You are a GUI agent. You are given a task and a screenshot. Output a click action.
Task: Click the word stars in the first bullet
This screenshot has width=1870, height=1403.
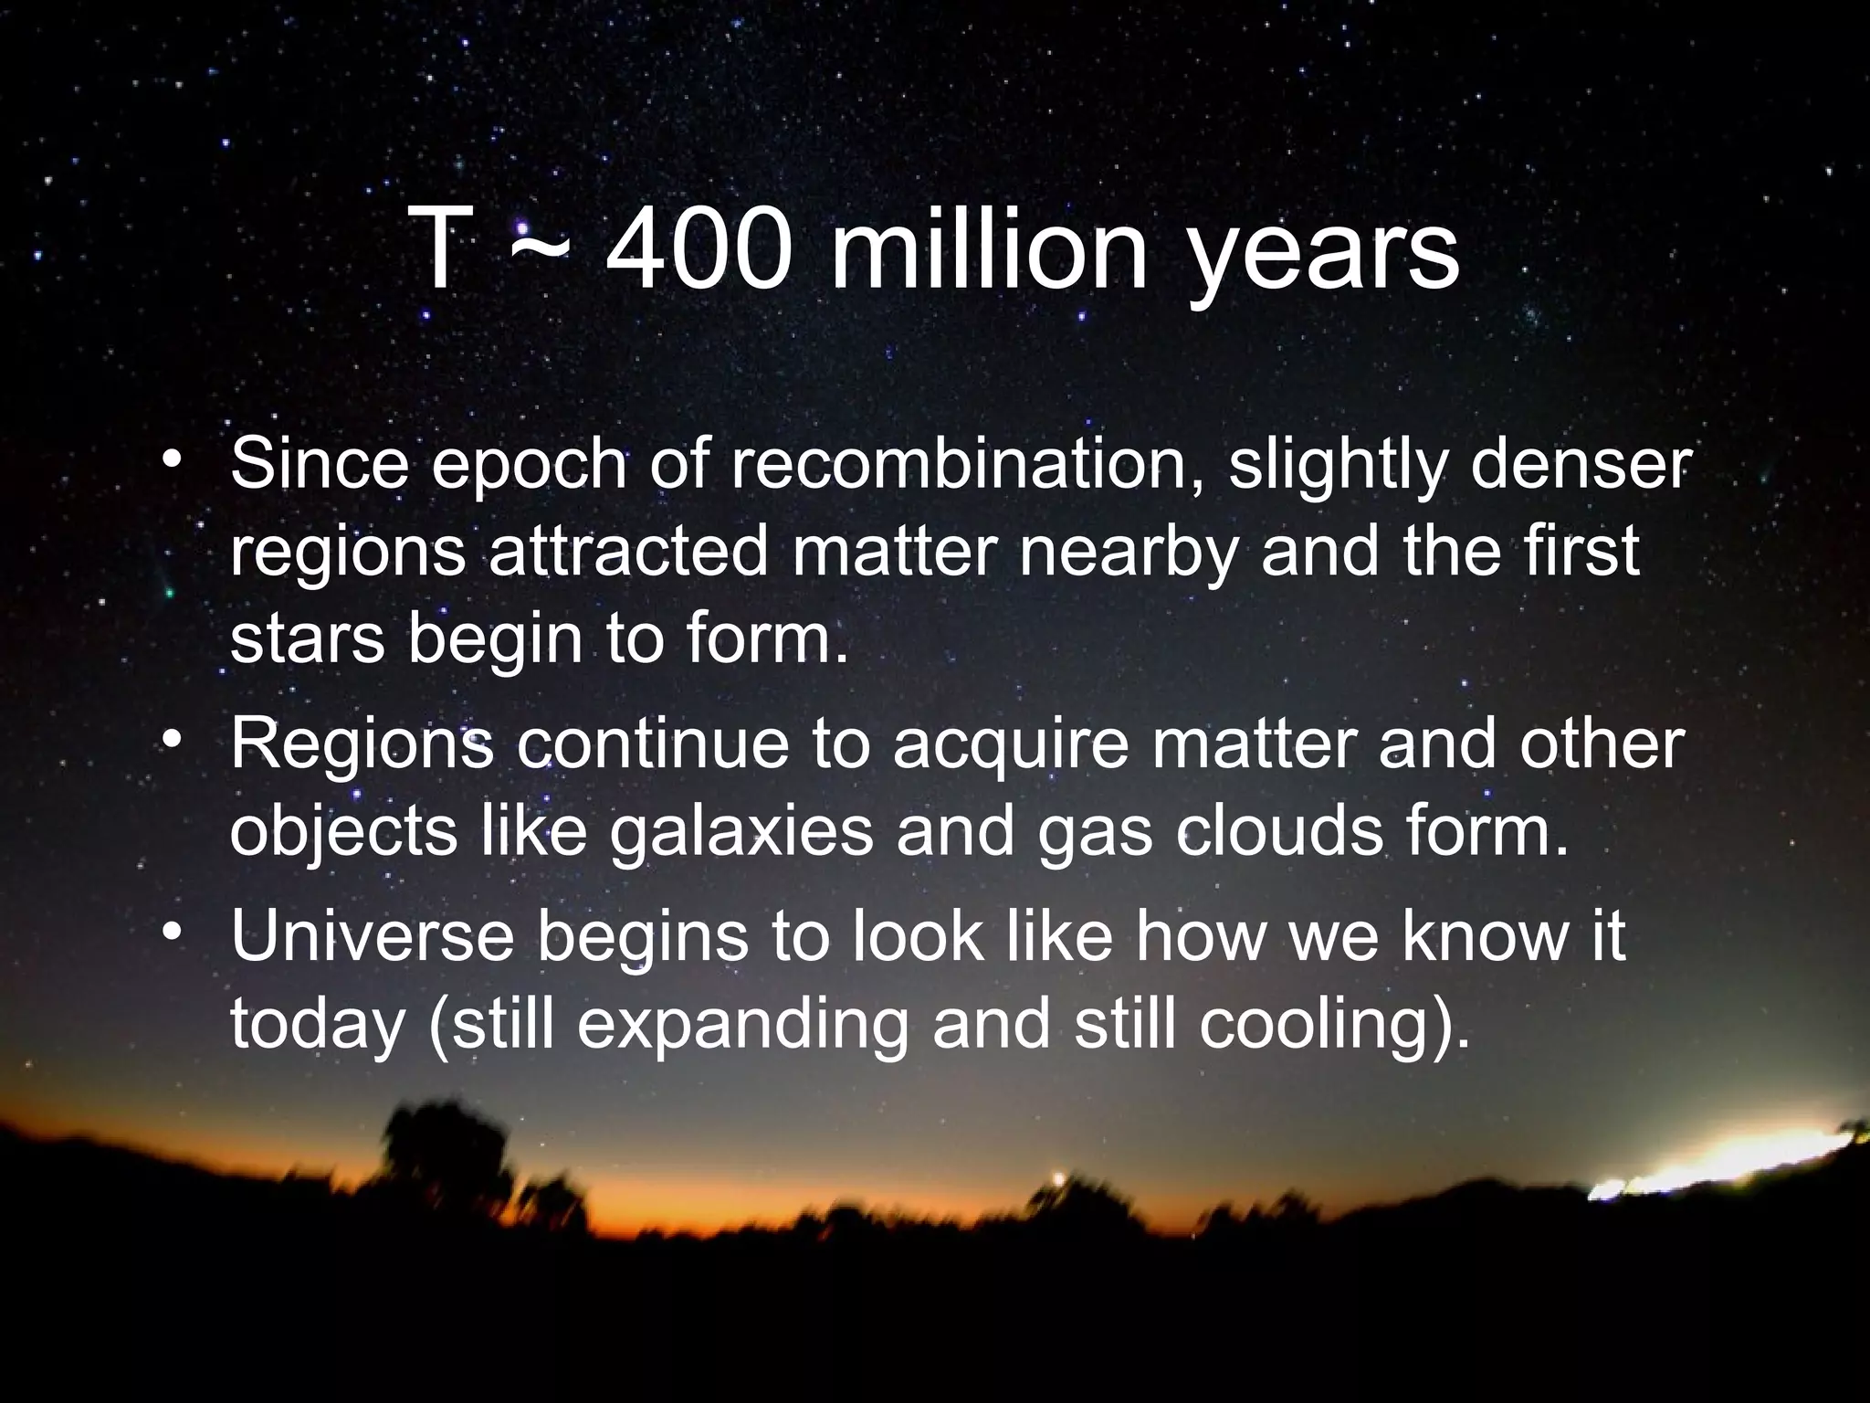tap(307, 639)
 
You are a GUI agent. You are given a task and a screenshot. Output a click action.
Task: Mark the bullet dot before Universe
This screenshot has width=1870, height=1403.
tap(173, 933)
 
